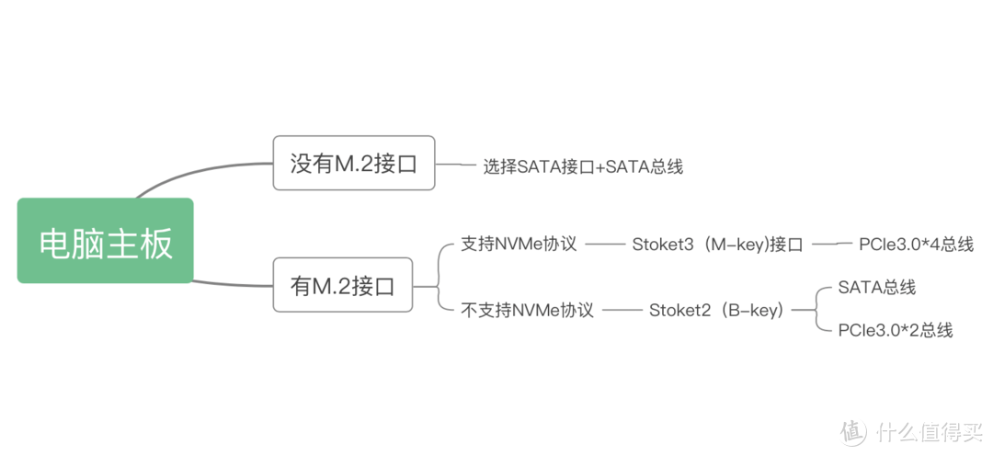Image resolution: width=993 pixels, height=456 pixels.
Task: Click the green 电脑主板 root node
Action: pyautogui.click(x=105, y=241)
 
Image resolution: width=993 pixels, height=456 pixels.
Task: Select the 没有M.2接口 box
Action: pyautogui.click(x=354, y=164)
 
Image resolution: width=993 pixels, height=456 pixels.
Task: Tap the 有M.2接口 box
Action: pyautogui.click(x=343, y=286)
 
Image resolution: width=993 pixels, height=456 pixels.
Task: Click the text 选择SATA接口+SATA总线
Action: pyautogui.click(x=583, y=167)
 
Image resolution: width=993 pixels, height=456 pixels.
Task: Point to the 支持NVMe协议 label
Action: pyautogui.click(x=518, y=245)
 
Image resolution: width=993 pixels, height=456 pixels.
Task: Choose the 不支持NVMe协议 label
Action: pyautogui.click(x=527, y=310)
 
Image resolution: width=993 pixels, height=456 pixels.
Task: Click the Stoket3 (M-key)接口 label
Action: pyautogui.click(x=717, y=245)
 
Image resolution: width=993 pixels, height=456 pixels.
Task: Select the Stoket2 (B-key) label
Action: pyautogui.click(x=716, y=310)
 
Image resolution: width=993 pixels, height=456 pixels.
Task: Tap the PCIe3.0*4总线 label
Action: pyautogui.click(x=916, y=245)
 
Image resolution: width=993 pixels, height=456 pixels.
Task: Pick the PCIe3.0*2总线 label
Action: pyautogui.click(x=895, y=330)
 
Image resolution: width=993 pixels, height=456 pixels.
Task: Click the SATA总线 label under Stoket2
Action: pyautogui.click(x=876, y=288)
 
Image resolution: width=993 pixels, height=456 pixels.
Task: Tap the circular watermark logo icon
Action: pyautogui.click(x=854, y=430)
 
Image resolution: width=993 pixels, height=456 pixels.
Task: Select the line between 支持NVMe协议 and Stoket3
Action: pyautogui.click(x=604, y=245)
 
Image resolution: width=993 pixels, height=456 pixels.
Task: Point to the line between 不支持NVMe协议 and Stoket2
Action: pyautogui.click(x=622, y=310)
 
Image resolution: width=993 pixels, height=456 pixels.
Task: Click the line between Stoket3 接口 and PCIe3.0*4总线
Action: pyautogui.click(x=830, y=245)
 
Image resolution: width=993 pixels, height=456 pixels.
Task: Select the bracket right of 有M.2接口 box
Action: pyautogui.click(x=438, y=277)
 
